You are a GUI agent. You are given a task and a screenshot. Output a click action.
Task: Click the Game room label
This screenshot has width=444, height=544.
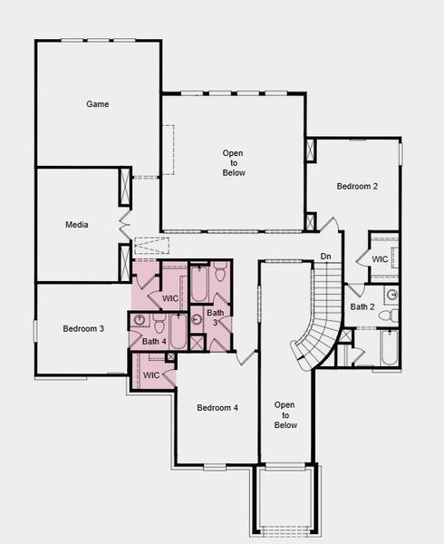pyautogui.click(x=98, y=104)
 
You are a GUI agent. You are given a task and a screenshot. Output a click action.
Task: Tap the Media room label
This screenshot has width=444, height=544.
pyautogui.click(x=76, y=224)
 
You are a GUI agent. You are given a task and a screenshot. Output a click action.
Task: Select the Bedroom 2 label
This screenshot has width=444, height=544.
pyautogui.click(x=356, y=187)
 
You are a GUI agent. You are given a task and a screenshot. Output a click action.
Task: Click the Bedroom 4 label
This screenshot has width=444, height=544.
pyautogui.click(x=217, y=408)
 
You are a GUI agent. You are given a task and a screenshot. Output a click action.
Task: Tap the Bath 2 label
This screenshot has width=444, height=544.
pyautogui.click(x=362, y=306)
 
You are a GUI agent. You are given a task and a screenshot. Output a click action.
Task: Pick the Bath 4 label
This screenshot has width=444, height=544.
pyautogui.click(x=155, y=342)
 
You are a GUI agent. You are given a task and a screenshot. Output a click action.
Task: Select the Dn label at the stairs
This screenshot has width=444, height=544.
pyautogui.click(x=325, y=257)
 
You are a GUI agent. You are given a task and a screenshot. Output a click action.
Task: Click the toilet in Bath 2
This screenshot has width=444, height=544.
pyautogui.click(x=386, y=316)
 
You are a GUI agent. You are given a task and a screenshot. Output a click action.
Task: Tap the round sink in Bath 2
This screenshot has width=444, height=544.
pyautogui.click(x=391, y=295)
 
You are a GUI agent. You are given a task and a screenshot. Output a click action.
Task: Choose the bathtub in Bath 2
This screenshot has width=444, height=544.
pyautogui.click(x=389, y=348)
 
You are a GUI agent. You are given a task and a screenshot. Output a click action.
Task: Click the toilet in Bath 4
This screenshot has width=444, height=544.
pyautogui.click(x=158, y=325)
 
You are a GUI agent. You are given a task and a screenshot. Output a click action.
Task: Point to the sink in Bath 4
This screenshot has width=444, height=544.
pyautogui.click(x=140, y=319)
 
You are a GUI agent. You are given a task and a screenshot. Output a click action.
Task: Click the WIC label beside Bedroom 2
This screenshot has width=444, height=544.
pyautogui.click(x=381, y=259)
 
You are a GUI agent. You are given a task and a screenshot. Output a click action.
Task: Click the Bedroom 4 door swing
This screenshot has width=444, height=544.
pyautogui.click(x=245, y=356)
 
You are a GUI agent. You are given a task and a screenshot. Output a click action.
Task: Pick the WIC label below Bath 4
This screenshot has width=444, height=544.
pyautogui.click(x=151, y=374)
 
